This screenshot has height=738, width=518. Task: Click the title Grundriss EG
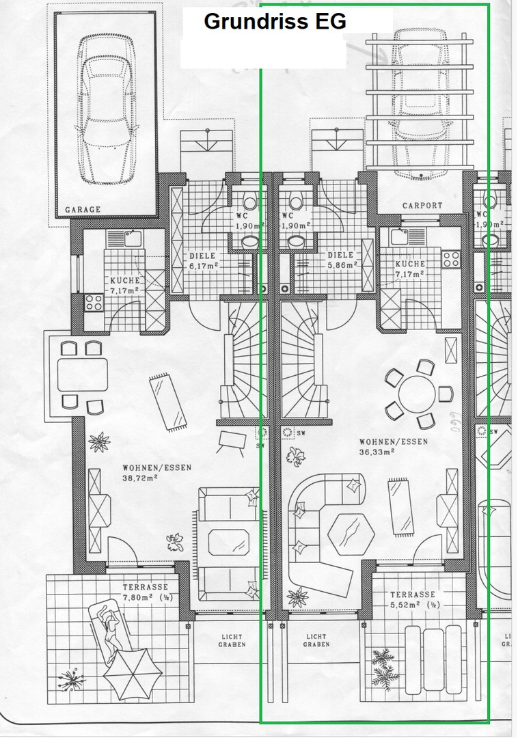(x=275, y=21)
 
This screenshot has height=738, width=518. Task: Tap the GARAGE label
(x=83, y=210)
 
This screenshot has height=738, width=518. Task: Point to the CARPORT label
(x=422, y=205)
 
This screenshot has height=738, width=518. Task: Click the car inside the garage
(x=107, y=109)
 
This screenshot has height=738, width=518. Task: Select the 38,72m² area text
(x=139, y=477)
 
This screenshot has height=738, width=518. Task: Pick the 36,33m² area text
(x=377, y=452)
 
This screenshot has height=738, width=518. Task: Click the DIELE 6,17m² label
(x=204, y=261)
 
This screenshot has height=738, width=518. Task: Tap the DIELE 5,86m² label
(x=342, y=260)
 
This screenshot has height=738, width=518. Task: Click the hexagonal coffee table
(x=351, y=534)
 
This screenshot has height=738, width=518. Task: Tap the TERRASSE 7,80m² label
(x=148, y=592)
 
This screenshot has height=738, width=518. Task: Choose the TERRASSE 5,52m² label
(x=415, y=600)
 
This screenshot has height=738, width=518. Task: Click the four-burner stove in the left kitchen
(x=94, y=302)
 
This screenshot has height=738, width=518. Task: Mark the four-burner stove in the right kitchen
(x=451, y=259)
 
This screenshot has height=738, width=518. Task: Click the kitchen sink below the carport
(x=400, y=236)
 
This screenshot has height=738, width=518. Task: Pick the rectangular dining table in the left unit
(x=83, y=374)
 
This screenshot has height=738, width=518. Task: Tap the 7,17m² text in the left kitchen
(x=124, y=290)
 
